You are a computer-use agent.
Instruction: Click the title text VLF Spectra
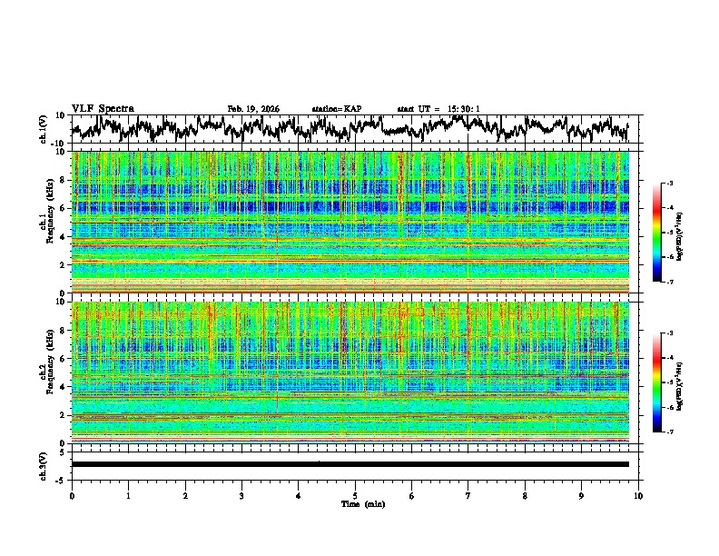103,109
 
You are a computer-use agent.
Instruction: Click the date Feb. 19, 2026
253,109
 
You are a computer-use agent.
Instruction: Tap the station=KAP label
337,109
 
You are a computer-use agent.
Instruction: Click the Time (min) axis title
362,503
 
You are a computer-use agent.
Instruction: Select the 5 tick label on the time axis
355,495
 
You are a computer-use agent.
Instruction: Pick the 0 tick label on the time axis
72,495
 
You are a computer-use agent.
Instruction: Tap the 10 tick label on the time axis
638,495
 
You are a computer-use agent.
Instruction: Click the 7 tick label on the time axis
468,495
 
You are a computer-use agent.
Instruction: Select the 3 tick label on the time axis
241,495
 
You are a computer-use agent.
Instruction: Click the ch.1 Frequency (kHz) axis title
44,222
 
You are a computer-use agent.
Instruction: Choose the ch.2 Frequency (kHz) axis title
44,372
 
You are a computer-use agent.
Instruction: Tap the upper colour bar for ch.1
657,233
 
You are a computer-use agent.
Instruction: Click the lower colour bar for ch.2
657,382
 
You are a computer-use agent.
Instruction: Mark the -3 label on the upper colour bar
668,184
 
